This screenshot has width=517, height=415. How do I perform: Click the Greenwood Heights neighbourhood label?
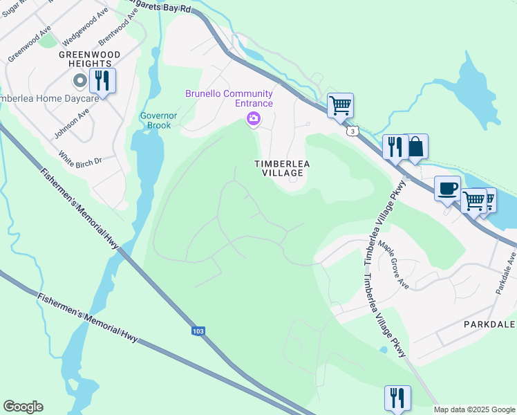[89, 59]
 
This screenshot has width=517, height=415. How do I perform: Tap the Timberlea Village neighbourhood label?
[282, 168]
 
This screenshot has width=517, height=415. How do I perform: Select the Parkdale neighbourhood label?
[489, 324]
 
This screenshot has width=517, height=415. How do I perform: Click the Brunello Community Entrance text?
[229, 98]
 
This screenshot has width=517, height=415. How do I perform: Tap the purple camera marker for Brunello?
[254, 120]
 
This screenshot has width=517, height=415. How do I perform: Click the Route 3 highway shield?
[353, 131]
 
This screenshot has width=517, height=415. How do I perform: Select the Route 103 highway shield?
[198, 331]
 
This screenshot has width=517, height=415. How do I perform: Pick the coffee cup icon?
[447, 187]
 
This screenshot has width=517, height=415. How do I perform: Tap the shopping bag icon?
[415, 147]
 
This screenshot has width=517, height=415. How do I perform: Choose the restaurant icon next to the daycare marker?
[102, 80]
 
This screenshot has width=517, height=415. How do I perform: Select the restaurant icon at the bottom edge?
[397, 398]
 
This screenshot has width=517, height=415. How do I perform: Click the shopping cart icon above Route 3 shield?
[340, 105]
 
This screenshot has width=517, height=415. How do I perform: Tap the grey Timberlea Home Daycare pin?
[80, 82]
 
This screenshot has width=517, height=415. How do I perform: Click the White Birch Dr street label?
[80, 160]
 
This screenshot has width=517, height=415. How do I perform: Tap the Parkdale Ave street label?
[506, 273]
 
